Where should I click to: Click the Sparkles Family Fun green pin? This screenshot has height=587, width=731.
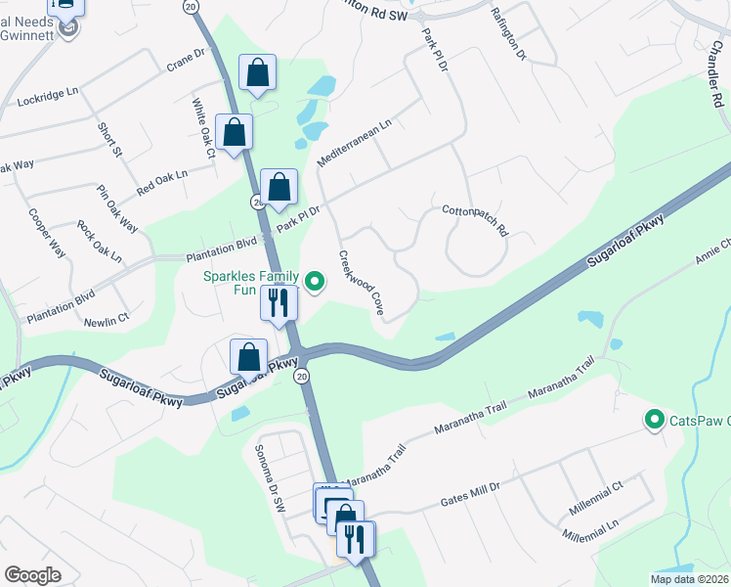(315, 284)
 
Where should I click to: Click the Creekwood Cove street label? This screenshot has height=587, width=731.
(361, 282)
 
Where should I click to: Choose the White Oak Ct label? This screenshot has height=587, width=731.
(202, 127)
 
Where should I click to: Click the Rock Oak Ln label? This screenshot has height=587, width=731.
(100, 242)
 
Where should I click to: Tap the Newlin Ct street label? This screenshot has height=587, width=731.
(107, 320)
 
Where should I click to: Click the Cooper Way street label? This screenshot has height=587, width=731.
(46, 234)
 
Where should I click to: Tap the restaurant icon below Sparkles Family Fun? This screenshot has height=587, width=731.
(279, 303)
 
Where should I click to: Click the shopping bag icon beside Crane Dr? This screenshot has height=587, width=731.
(257, 73)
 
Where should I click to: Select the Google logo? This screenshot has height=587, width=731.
(32, 575)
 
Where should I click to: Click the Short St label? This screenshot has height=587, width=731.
(109, 140)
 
